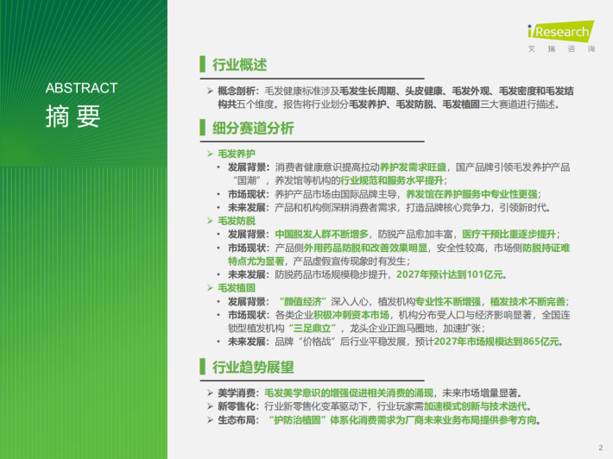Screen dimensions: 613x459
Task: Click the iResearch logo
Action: pos(561,36)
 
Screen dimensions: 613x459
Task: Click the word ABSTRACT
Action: pos(81,88)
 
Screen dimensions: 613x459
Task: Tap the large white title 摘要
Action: pos(73,116)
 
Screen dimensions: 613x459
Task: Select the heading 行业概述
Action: pos(240,65)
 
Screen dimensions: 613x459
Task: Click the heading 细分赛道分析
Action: pos(253,129)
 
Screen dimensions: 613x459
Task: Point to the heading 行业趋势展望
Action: pos(253,368)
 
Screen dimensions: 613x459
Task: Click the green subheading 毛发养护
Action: pos(237,154)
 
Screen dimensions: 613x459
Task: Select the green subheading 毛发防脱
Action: pos(237,221)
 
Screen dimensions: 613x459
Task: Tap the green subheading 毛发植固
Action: pos(237,288)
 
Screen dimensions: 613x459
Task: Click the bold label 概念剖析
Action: pos(236,91)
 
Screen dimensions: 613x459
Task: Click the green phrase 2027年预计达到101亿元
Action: pos(450,274)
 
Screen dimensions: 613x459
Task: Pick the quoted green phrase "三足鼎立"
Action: pos(313,328)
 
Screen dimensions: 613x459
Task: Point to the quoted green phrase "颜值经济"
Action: pos(303,302)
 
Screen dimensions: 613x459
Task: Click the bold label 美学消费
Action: pos(236,393)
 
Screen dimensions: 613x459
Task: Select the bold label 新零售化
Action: pos(236,406)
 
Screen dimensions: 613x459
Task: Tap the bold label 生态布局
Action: pos(236,420)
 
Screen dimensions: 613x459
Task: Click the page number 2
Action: pos(601,448)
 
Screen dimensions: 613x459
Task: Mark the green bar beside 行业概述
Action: pos(203,64)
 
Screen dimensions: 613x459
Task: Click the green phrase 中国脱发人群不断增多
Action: pos(322,235)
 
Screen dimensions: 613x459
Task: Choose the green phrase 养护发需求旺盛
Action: pos(414,167)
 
